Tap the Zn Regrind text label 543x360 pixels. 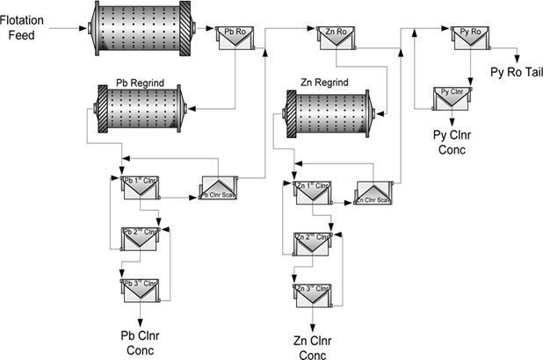pos(324,83)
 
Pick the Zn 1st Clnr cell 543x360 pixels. pos(312,192)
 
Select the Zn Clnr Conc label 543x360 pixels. pos(313,346)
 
